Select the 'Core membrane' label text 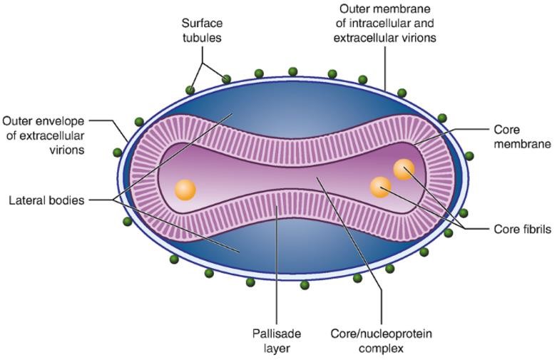tap(522, 137)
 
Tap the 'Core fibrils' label tap(522, 229)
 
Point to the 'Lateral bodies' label tap(46, 200)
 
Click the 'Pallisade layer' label tap(277, 341)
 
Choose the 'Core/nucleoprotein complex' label tap(382, 341)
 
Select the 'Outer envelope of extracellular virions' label tap(44, 135)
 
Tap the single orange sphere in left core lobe tap(185, 190)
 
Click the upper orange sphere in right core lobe tap(404, 169)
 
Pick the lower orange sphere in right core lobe tap(380, 187)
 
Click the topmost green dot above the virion tap(292, 71)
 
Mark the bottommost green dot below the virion tap(305, 285)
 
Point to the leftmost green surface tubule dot tap(117, 153)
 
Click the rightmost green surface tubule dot tap(469, 156)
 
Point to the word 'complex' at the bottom tap(382, 348)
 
